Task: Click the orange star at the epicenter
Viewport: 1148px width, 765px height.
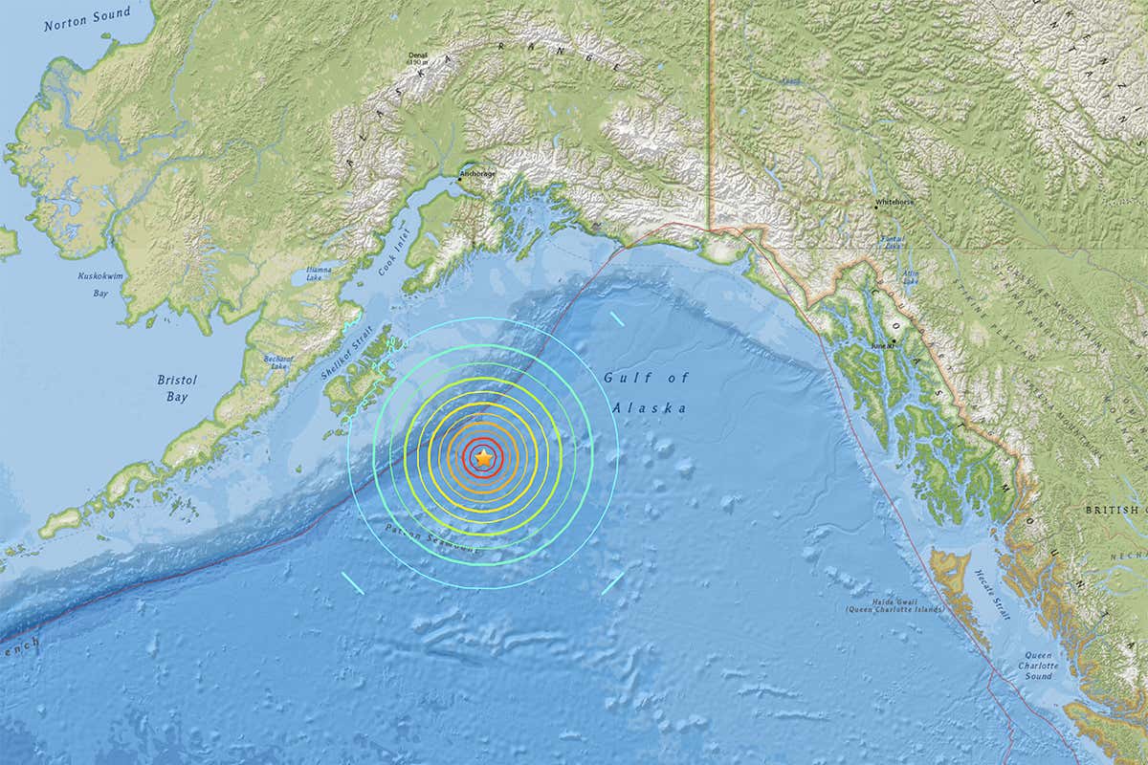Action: pyautogui.click(x=484, y=459)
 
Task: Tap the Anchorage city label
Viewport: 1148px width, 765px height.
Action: pyautogui.click(x=478, y=175)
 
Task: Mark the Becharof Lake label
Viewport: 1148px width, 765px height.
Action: pyautogui.click(x=277, y=362)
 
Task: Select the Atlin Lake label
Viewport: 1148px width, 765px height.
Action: pyautogui.click(x=911, y=276)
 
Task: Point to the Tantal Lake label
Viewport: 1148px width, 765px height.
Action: pyautogui.click(x=892, y=241)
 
